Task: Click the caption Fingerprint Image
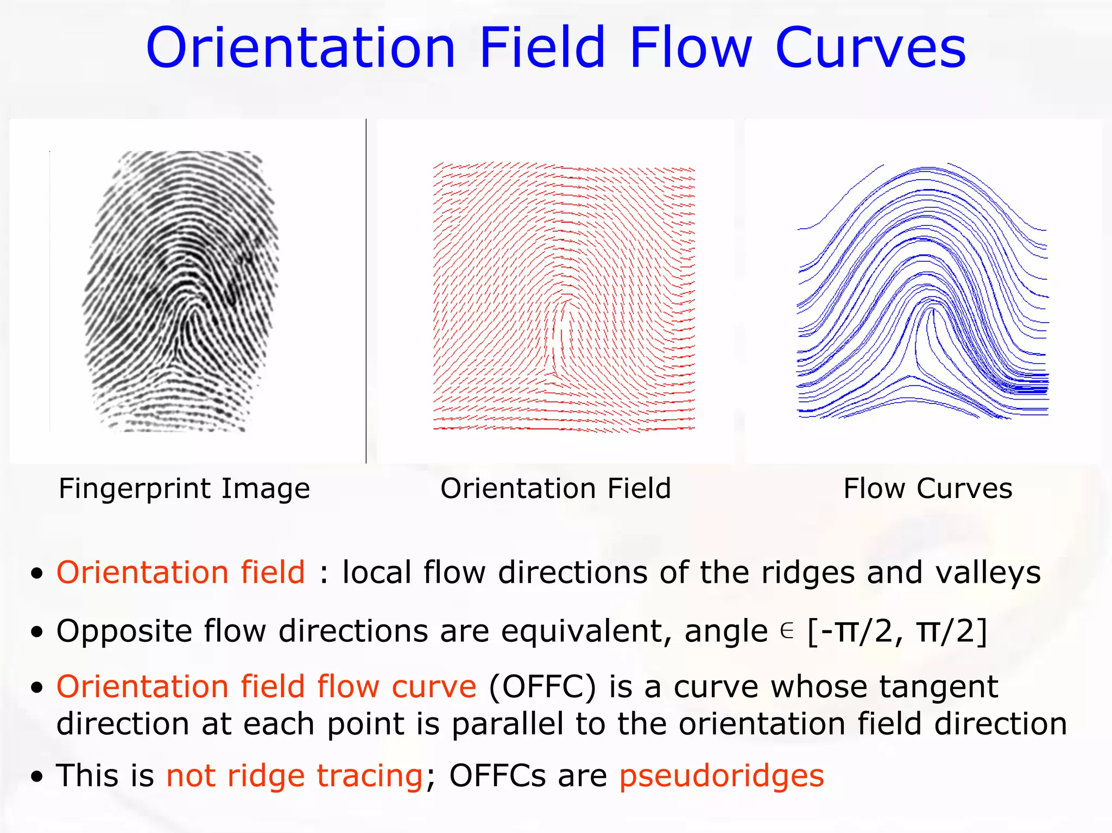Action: pos(184,488)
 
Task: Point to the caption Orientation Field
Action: pos(555,488)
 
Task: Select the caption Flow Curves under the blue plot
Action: pos(927,488)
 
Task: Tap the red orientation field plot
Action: pos(564,296)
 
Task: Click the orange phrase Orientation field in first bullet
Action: pos(181,572)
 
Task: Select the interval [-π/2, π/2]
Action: pos(897,632)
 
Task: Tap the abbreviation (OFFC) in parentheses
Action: pos(542,686)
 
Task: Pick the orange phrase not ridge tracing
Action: pos(294,775)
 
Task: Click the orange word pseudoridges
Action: pos(721,775)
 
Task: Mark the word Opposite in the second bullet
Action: pos(124,632)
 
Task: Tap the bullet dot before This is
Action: pos(36,777)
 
